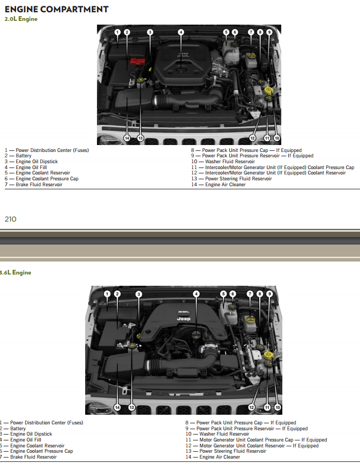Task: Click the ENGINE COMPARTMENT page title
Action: click(56, 9)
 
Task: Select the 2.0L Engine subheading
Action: click(21, 19)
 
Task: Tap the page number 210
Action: click(11, 219)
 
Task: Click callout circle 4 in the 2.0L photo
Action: click(181, 32)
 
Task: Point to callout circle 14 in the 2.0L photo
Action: click(127, 138)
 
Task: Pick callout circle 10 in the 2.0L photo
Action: click(276, 138)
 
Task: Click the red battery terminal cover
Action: click(137, 62)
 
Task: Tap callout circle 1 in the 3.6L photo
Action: click(107, 294)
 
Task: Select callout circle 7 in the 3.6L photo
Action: click(250, 294)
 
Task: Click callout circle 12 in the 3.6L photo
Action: click(252, 407)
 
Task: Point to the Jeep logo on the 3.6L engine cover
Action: click(183, 318)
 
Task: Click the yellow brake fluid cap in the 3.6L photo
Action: click(250, 319)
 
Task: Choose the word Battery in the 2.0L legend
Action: click(24, 156)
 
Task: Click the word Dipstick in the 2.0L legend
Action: click(48, 162)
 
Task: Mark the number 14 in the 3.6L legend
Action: click(188, 457)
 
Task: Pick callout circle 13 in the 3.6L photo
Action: click(132, 407)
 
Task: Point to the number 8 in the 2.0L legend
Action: click(192, 150)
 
